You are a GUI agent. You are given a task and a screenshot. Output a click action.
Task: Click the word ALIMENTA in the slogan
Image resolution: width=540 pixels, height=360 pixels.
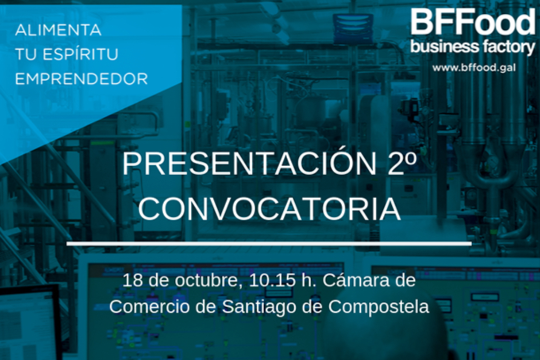pos(58,30)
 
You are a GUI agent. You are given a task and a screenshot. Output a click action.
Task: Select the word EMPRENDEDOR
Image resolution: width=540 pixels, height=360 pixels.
pos(81,79)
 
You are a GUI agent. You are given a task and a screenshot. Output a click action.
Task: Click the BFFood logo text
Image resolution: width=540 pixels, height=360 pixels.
pos(473,21)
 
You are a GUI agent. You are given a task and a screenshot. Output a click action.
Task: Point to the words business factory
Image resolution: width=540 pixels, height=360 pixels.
pos(473,47)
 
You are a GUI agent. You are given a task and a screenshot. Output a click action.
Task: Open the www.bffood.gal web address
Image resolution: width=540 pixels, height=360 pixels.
pos(474,68)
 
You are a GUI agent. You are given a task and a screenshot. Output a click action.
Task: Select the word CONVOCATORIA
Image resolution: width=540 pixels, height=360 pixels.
pos(269,209)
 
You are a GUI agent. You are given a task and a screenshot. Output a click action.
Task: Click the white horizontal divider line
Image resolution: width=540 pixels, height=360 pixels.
pos(269,243)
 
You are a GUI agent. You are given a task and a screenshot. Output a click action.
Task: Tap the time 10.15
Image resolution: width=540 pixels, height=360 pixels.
pos(272,280)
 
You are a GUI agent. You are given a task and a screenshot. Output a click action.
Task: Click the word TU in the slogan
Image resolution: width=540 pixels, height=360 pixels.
pos(25,54)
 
